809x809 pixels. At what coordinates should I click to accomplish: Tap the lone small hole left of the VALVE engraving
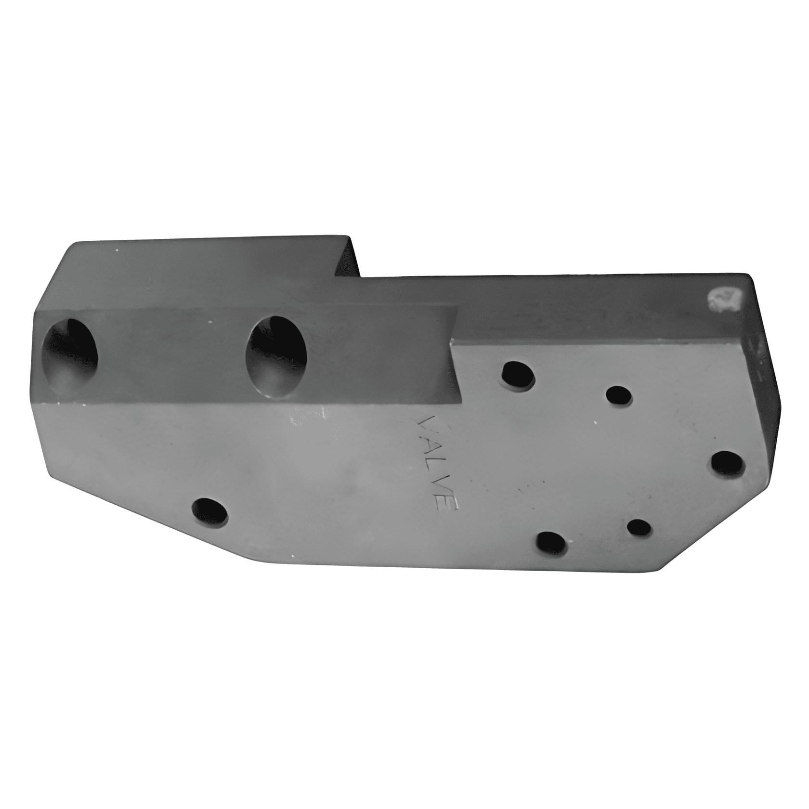click(209, 511)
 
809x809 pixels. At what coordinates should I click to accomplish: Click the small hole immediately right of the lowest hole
click(639, 529)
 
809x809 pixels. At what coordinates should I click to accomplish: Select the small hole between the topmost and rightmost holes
click(619, 396)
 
